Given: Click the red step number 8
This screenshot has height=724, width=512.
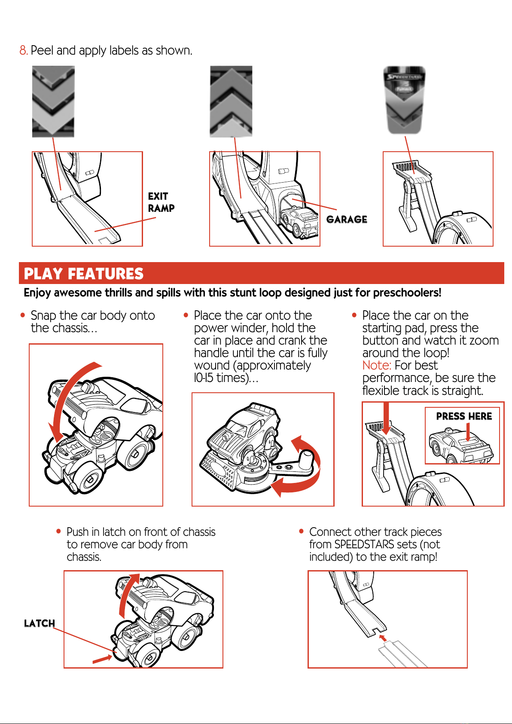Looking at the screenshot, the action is (23, 50).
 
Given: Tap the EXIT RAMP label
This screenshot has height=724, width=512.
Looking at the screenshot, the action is (161, 202).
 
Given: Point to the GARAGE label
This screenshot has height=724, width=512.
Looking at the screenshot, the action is (347, 220).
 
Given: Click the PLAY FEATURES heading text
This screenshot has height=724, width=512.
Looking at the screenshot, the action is (83, 273).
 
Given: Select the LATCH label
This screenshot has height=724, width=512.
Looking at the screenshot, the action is (40, 623).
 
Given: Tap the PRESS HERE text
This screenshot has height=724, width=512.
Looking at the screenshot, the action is (464, 416).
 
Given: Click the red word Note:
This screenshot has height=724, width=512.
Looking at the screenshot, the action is (377, 365).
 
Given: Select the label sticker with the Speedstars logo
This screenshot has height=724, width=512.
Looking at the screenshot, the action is (404, 100).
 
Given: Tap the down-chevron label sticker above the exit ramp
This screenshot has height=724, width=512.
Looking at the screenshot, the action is (53, 101).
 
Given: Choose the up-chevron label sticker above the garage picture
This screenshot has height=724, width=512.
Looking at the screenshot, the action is (231, 101).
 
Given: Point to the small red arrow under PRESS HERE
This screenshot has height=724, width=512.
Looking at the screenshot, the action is (468, 432).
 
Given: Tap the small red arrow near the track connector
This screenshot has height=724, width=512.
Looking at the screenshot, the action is (383, 638).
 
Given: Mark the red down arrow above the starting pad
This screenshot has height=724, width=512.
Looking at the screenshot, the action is (386, 419).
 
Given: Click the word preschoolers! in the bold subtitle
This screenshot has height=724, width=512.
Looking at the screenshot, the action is (407, 293).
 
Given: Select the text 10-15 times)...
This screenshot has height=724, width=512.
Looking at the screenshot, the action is (226, 378).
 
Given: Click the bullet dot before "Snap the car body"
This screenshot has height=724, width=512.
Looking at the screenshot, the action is (23, 315).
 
